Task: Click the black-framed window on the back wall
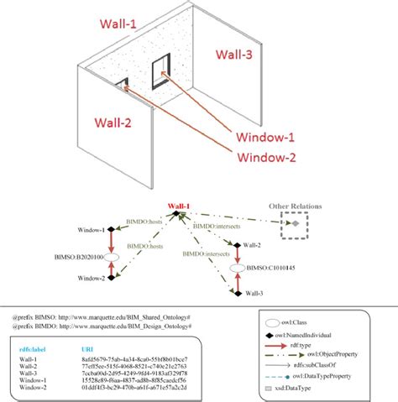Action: (x=160, y=75)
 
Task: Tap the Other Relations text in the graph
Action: (x=296, y=205)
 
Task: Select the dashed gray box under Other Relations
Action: (x=296, y=225)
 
